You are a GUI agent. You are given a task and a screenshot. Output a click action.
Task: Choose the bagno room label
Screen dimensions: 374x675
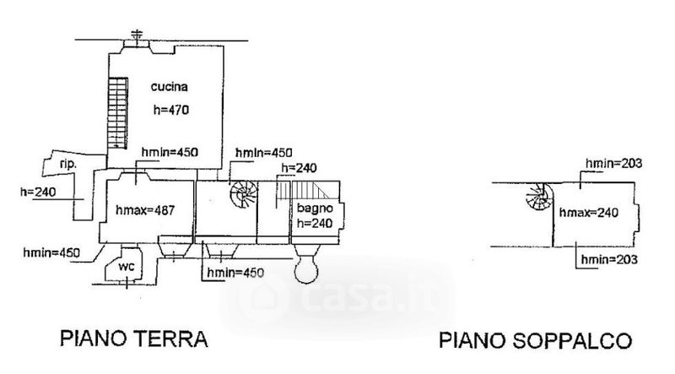point(310,208)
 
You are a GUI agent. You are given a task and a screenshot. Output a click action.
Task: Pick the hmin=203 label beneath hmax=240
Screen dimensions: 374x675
point(607,258)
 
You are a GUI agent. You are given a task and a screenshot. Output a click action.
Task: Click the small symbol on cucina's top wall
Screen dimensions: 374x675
point(138,36)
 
